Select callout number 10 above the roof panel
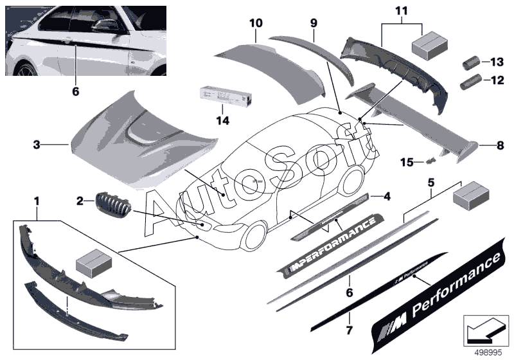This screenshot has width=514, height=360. [x=256, y=23]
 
